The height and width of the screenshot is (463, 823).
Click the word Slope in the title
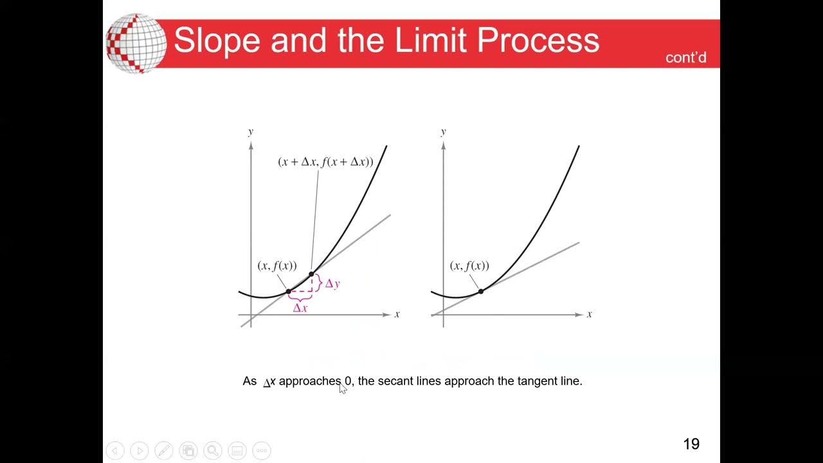(216, 41)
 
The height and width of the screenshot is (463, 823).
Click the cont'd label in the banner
(686, 58)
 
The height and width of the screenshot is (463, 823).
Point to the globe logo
(135, 42)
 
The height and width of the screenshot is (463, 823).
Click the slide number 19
(691, 444)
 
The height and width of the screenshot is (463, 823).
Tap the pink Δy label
(332, 284)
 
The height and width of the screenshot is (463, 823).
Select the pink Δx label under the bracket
(300, 308)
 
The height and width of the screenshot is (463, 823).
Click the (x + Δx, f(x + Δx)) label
(325, 162)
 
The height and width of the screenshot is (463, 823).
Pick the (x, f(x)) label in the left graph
(277, 266)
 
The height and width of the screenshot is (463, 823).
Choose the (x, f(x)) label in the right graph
(469, 266)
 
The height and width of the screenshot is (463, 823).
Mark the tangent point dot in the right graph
(481, 291)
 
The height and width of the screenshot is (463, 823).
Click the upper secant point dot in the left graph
(311, 275)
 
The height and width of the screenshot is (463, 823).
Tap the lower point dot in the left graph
(289, 291)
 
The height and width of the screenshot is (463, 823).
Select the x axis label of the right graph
(590, 314)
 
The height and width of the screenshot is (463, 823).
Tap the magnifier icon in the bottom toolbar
(213, 451)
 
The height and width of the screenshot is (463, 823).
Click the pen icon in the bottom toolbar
(164, 451)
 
